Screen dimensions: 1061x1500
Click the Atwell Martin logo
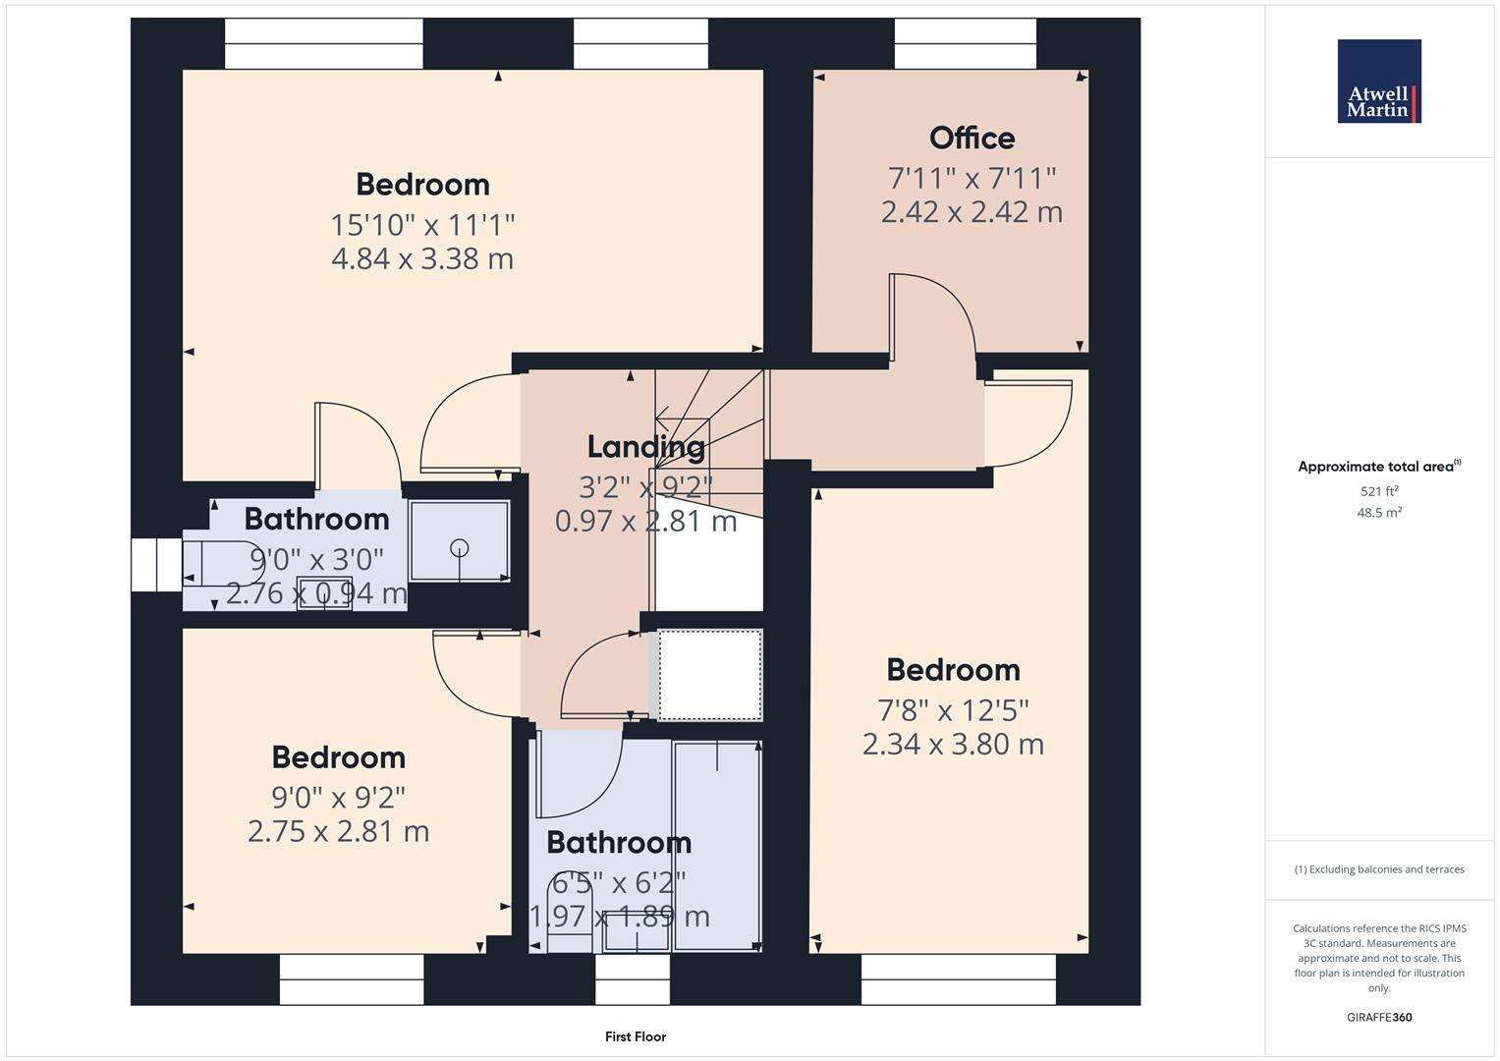[x=1378, y=82]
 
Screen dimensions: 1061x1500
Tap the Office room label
[x=972, y=139]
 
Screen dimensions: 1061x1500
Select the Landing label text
[x=645, y=447]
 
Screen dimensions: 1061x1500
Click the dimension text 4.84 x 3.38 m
[x=422, y=259]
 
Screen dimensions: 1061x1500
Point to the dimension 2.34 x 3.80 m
[x=952, y=745]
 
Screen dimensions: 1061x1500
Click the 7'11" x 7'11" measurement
[x=972, y=179]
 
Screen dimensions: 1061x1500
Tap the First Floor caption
[x=635, y=1036]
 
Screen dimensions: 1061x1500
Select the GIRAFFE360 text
[x=1378, y=1017]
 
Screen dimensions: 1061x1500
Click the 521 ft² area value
[x=1378, y=491]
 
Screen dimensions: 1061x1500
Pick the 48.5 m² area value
[x=1378, y=513]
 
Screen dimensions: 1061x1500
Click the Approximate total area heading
[x=1378, y=467]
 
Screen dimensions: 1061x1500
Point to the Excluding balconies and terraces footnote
[x=1378, y=869]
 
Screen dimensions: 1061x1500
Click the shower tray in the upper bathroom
[x=459, y=541]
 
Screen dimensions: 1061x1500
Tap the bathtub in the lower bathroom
[x=717, y=845]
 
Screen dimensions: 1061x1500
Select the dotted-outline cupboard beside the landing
[x=709, y=676]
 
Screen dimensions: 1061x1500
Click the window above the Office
[x=965, y=44]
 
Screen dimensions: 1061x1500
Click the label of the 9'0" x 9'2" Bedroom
[x=338, y=757]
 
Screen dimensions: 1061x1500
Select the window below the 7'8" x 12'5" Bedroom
[x=958, y=979]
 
